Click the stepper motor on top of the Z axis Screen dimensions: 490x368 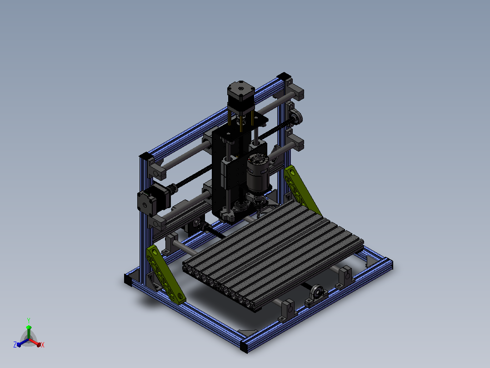coord(240,96)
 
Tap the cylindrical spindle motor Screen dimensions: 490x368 coord(258,174)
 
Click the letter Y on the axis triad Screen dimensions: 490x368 coord(29,320)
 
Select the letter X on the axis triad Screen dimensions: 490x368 coord(43,345)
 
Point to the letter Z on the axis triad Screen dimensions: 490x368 coord(15,344)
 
